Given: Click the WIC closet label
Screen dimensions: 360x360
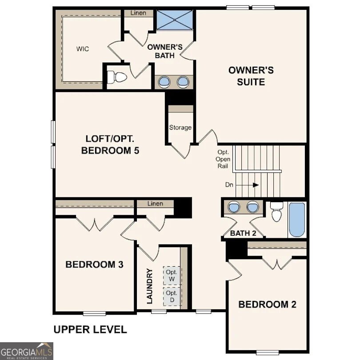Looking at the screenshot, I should [82, 49].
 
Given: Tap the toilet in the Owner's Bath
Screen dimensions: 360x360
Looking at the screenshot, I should [119, 77].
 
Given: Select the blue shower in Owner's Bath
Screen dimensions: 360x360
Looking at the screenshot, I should [174, 20].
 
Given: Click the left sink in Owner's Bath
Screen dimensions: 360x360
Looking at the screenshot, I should [164, 81].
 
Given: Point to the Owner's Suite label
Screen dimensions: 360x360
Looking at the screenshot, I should [251, 76].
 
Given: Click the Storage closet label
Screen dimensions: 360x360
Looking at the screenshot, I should [180, 128].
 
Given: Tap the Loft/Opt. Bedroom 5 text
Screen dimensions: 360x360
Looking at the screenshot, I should [110, 144].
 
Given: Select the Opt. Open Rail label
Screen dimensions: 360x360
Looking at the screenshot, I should [223, 159].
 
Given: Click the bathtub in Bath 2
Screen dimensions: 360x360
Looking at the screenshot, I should [297, 220].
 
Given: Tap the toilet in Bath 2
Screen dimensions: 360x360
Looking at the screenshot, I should [277, 212].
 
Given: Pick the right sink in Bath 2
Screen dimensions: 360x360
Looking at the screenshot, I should [252, 207].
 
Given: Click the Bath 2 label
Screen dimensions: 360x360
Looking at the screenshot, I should [243, 233].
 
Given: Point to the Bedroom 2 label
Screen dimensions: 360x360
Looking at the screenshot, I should [267, 304].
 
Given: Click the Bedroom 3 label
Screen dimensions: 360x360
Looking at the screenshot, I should [94, 264].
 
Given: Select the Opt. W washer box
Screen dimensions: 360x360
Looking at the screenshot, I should [172, 276].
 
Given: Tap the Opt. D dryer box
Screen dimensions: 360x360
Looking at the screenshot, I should [172, 296].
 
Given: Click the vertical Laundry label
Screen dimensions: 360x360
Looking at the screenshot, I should [150, 286].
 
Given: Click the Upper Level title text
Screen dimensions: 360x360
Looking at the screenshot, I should [90, 329].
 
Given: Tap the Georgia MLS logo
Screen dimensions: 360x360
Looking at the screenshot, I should [27, 351].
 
